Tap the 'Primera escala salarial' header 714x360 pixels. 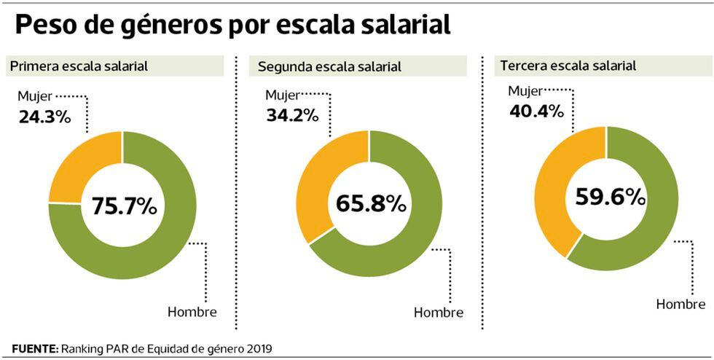[79, 66]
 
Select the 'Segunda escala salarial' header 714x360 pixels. [329, 67]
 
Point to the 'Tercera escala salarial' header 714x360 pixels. [568, 66]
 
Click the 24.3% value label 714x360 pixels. [44, 116]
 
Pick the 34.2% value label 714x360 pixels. [292, 114]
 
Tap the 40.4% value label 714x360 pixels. [535, 111]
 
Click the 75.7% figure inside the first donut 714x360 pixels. [124, 206]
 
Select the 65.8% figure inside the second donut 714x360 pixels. [370, 204]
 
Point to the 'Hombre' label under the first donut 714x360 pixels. [192, 313]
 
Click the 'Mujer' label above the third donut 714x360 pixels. [525, 91]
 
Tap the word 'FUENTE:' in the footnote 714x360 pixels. [36, 348]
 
